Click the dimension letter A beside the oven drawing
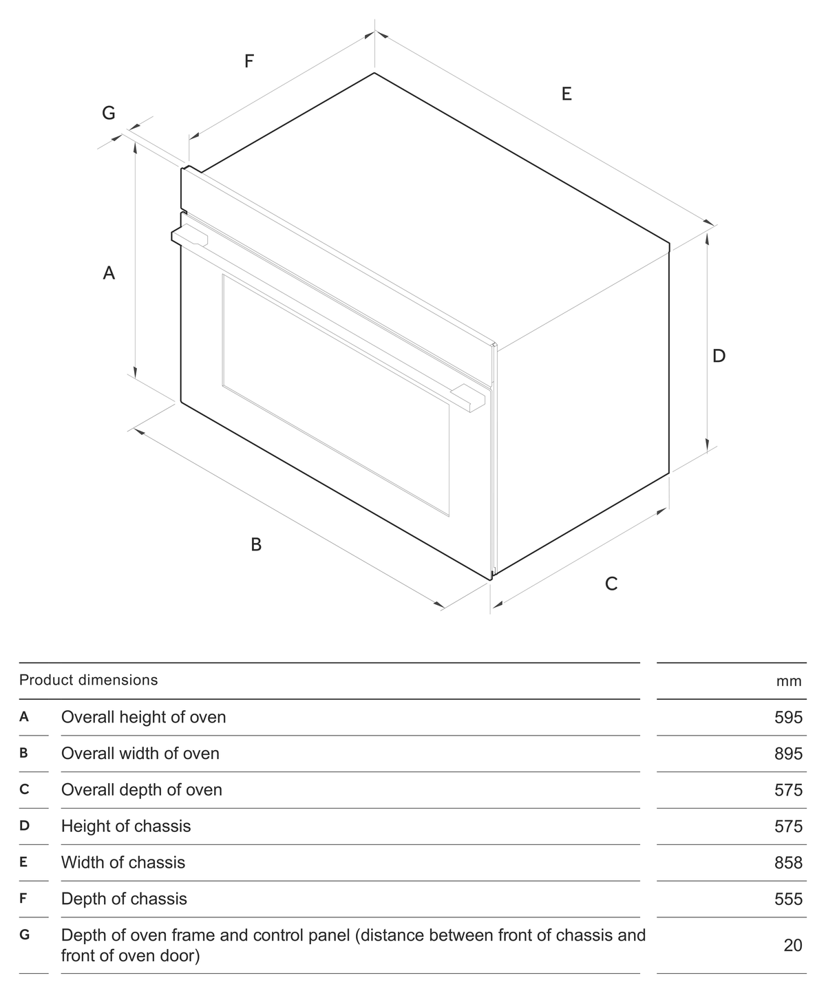pos(109,273)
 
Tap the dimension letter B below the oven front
pos(256,544)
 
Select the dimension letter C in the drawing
pos(611,584)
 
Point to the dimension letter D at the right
pos(719,356)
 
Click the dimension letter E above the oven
pos(566,94)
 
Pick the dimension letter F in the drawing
pos(249,61)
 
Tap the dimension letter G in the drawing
pos(109,113)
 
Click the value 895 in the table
pos(788,754)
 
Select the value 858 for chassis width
pos(788,863)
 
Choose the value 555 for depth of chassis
pos(788,899)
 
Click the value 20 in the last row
pos(793,945)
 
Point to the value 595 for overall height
pos(788,717)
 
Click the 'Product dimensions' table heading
pos(89,680)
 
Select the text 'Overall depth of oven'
pos(142,790)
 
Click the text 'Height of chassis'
pos(126,826)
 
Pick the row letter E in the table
pos(23,862)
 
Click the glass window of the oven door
pos(335,395)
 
